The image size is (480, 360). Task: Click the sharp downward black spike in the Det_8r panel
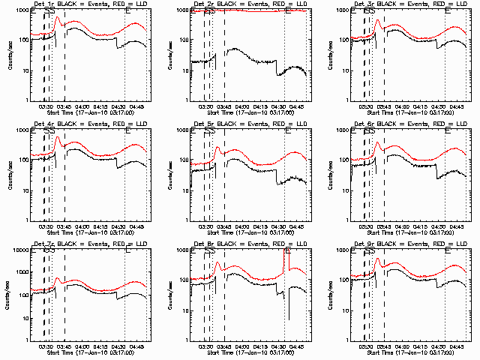point(289,319)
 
